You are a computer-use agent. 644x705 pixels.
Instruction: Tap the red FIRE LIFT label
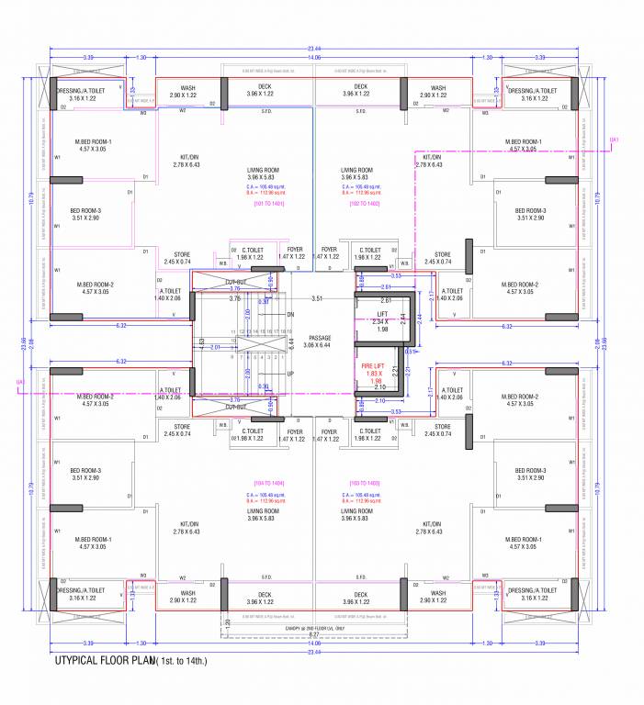[x=372, y=373]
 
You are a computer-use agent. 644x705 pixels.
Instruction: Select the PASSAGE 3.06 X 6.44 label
[x=319, y=341]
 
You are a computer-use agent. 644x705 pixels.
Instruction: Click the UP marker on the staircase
[x=290, y=374]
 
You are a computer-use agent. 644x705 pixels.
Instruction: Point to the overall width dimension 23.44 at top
[x=315, y=48]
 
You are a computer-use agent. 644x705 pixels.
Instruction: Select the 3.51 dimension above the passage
[x=317, y=298]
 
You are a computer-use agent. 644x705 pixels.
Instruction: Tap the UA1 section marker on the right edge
[x=616, y=140]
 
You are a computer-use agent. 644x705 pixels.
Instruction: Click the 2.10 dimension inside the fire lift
[x=380, y=388]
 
